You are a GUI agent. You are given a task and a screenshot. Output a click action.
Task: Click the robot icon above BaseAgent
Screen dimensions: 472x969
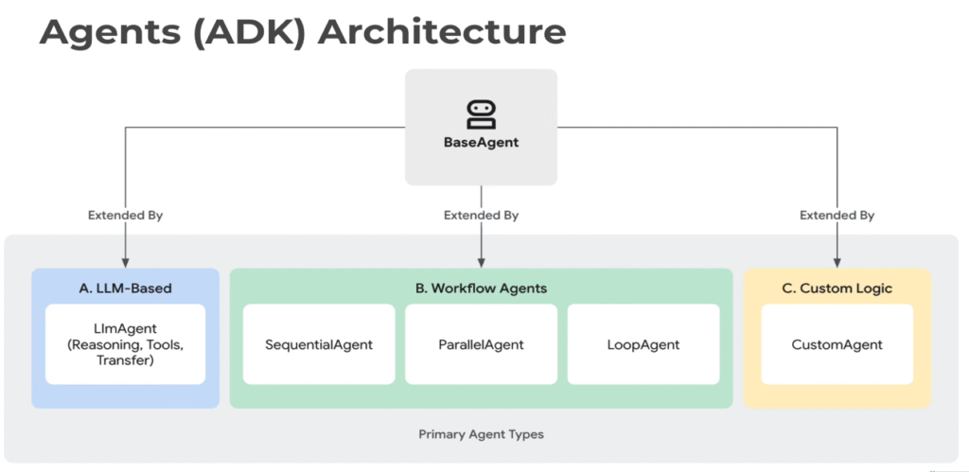(481, 114)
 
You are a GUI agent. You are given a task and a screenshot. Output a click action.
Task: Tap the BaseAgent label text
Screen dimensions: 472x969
(481, 145)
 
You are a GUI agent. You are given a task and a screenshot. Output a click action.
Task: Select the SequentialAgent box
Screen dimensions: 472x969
(319, 344)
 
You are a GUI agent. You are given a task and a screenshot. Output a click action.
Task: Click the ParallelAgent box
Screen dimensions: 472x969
(481, 344)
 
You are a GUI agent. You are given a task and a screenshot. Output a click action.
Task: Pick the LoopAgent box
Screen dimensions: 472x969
(643, 344)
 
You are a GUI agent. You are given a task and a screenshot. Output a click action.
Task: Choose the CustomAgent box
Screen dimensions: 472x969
(837, 344)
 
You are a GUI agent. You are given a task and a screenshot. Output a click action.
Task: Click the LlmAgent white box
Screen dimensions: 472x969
(125, 344)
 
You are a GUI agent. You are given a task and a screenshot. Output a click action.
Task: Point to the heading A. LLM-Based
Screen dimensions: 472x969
(126, 288)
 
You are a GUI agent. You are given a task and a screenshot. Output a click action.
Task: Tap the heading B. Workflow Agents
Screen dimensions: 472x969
(481, 288)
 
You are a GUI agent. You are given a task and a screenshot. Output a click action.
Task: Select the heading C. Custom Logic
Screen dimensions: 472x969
(837, 288)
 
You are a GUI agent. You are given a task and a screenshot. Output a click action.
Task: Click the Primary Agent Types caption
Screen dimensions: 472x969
(481, 435)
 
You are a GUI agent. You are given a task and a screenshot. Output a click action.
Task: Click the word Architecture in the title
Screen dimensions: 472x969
(442, 32)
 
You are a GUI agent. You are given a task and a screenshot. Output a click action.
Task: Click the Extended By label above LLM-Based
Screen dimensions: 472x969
(126, 216)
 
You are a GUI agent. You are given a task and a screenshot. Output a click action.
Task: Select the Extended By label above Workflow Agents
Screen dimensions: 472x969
(481, 216)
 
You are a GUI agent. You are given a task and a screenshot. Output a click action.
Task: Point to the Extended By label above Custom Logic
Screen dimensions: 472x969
(837, 216)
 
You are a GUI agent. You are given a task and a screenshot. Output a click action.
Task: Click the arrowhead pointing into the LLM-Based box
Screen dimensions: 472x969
(126, 262)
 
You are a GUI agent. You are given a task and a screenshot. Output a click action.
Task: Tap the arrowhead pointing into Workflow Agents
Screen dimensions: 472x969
(481, 262)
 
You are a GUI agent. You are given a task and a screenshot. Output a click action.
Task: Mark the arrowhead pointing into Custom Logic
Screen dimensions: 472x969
(837, 262)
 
